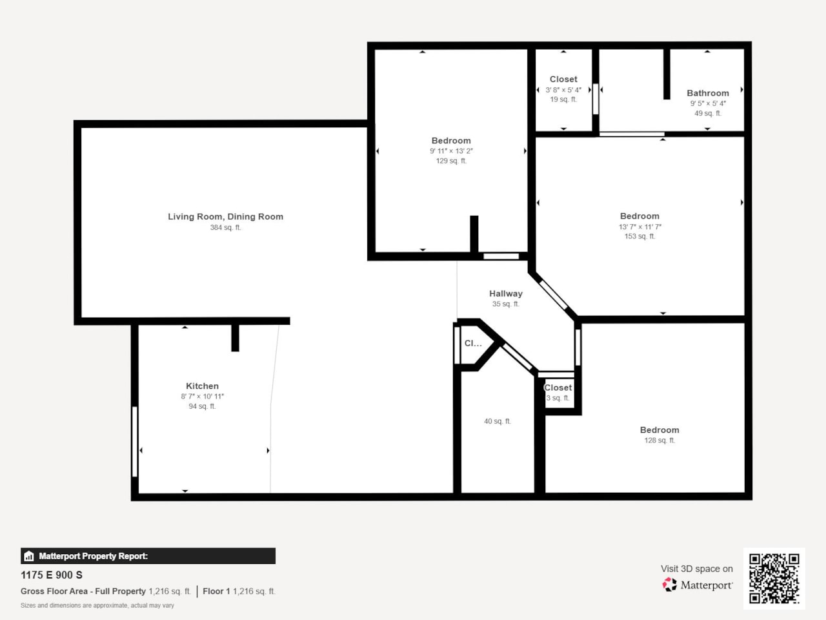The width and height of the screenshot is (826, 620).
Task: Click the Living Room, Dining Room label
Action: tap(225, 216)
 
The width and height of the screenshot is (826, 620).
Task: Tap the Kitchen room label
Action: tap(202, 386)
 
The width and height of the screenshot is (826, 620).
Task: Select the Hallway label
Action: tap(505, 293)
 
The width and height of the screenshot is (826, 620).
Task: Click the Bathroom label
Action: tap(707, 93)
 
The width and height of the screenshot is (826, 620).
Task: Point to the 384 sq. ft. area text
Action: tap(225, 227)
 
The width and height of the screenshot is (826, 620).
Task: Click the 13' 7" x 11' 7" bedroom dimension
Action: tap(640, 227)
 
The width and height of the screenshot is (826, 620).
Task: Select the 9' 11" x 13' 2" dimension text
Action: tap(451, 151)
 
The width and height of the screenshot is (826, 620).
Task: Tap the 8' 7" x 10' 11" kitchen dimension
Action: tap(202, 397)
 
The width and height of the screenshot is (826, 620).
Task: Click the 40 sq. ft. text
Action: tap(497, 421)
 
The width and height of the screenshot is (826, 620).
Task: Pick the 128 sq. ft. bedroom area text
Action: tap(659, 440)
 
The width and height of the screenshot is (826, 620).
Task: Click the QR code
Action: tap(774, 578)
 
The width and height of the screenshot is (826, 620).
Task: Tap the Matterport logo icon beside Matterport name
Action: tap(669, 585)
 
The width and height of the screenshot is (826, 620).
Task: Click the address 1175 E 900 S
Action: tap(52, 575)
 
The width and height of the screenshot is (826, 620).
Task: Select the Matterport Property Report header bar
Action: tap(148, 556)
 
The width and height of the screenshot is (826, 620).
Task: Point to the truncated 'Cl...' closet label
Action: tap(473, 344)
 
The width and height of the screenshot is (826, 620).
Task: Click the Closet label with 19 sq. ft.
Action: tap(563, 79)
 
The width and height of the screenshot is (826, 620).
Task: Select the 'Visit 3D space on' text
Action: tap(696, 568)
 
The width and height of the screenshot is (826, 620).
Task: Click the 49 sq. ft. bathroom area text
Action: tap(707, 113)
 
